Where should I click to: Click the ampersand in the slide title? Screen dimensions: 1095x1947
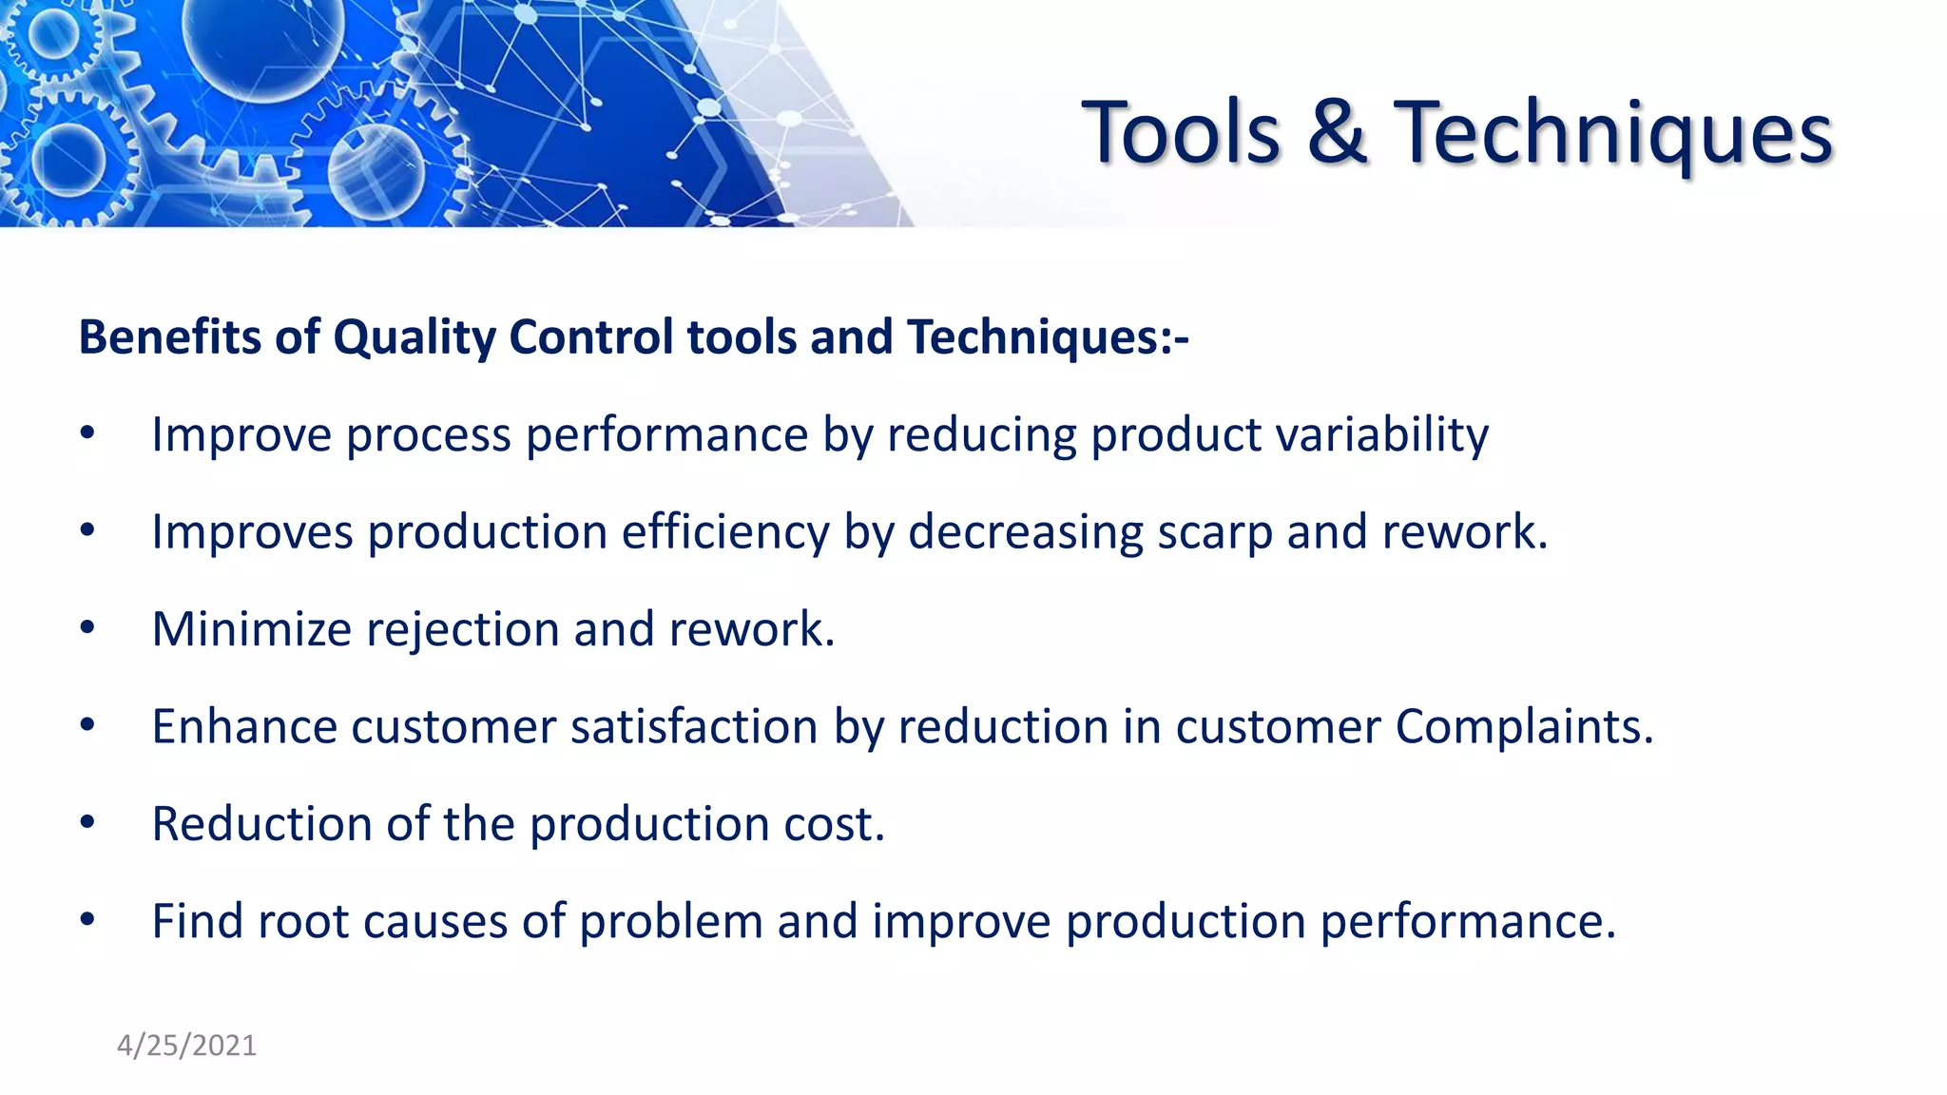(x=1337, y=133)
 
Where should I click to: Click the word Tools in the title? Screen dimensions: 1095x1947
(x=1181, y=133)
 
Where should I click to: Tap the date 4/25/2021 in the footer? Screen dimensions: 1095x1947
(x=186, y=1046)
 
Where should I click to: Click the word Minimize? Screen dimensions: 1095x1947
(x=252, y=629)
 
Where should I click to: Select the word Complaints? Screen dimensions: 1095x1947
(x=1524, y=727)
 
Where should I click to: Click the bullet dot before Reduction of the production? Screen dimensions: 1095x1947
(x=87, y=822)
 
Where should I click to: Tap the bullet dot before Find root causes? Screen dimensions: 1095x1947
(x=87, y=920)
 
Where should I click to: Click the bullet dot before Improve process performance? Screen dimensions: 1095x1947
(x=87, y=433)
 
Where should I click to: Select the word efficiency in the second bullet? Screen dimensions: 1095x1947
(x=725, y=532)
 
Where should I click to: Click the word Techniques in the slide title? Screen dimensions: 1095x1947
(x=1612, y=133)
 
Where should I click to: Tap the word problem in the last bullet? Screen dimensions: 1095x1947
(x=671, y=922)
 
